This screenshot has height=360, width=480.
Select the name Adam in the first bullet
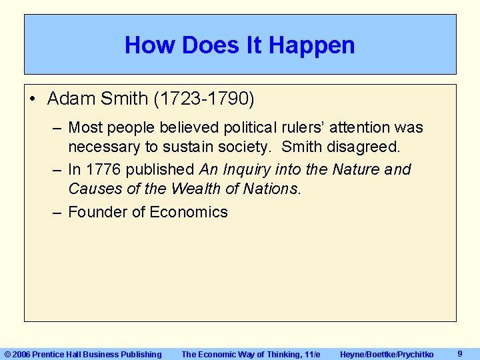point(69,99)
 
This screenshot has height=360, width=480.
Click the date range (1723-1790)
point(204,99)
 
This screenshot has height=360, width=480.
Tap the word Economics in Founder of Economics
point(189,212)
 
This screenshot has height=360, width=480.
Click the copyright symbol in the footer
point(7,355)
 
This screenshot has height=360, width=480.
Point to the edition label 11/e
point(309,355)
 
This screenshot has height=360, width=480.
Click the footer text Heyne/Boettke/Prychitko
point(387,355)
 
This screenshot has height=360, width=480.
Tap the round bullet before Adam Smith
point(33,99)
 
